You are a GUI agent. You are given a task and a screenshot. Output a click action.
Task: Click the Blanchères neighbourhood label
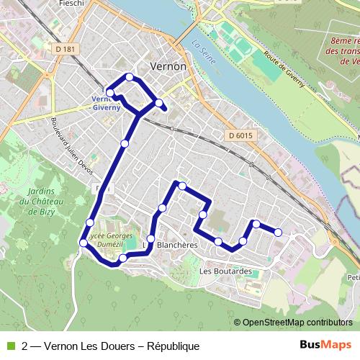[x=176, y=245]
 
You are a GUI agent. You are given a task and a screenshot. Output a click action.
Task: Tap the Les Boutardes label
[x=225, y=271]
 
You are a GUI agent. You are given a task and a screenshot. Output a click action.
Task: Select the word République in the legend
[x=173, y=346]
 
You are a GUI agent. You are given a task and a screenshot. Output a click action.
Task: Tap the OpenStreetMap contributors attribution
[x=297, y=323]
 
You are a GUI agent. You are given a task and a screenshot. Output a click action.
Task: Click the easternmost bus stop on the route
[x=278, y=231]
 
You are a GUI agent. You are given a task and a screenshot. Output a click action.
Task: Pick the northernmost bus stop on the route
[x=130, y=77]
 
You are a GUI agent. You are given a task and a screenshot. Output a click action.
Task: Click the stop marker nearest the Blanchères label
[x=150, y=238]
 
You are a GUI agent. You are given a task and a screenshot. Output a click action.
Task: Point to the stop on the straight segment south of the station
[x=125, y=144]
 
